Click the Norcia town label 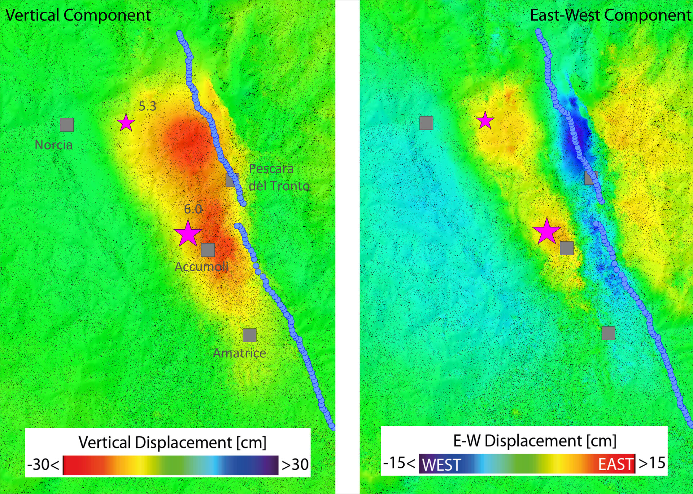pos(53,145)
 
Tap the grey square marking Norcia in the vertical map pos(67,125)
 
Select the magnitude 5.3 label pos(147,106)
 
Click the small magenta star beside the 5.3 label pos(126,123)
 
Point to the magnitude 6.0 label pos(193,209)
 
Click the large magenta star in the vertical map pos(187,234)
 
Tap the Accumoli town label pos(201,267)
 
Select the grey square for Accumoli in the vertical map pos(208,250)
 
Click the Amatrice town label pos(239,353)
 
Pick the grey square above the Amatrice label pos(249,335)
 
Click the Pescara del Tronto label pos(279,177)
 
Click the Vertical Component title pos(78,15)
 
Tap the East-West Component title pos(610,15)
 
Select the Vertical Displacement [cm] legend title pos(173,442)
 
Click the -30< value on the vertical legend pos(43,465)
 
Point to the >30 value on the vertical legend pos(295,465)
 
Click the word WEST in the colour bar pos(441,465)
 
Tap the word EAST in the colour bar pos(616,464)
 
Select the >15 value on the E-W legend pos(652,463)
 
